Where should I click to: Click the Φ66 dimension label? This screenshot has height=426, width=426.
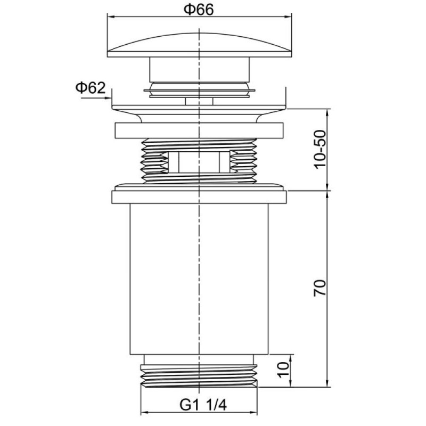pyautogui.click(x=199, y=10)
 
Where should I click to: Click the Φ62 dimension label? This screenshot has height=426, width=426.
pyautogui.click(x=90, y=88)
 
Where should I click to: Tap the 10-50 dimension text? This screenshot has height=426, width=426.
pyautogui.click(x=321, y=150)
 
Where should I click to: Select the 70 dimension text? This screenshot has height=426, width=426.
pyautogui.click(x=320, y=288)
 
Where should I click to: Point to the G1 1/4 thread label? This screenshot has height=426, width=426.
pyautogui.click(x=203, y=406)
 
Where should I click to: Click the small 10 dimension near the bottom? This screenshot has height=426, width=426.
pyautogui.click(x=283, y=370)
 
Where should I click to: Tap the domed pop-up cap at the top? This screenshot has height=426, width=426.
pyautogui.click(x=199, y=45)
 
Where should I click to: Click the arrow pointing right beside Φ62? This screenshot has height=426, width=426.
pyautogui.click(x=96, y=97)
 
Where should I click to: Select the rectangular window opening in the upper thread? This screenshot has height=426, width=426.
pyautogui.click(x=199, y=162)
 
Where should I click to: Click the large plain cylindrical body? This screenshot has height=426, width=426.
pyautogui.click(x=199, y=279)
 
